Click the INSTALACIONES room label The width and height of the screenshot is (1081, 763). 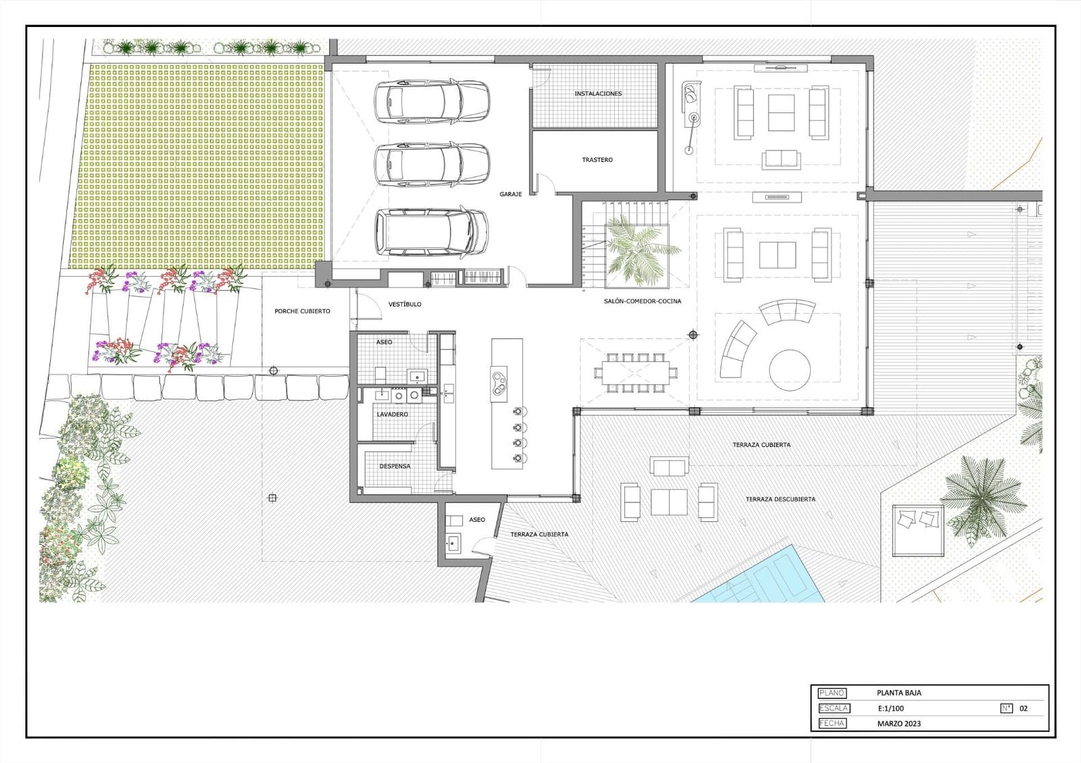(598, 94)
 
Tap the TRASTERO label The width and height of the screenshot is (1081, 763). (597, 160)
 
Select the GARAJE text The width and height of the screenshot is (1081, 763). (511, 194)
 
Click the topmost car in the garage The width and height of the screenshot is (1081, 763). (432, 102)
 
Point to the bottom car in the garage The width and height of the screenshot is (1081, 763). (432, 232)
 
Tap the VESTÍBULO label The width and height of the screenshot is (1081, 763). (405, 305)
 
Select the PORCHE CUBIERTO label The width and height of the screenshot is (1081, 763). (302, 311)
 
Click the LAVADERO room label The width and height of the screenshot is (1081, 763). (392, 414)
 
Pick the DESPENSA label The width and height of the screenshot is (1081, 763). (395, 466)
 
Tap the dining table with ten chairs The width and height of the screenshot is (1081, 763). (635, 372)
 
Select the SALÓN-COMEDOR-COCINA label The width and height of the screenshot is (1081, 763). (643, 301)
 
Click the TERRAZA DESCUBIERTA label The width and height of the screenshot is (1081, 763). (780, 499)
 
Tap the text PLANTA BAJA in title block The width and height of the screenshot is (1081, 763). (899, 693)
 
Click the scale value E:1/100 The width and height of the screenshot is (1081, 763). (890, 708)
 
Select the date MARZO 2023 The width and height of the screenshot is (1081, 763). (899, 724)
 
